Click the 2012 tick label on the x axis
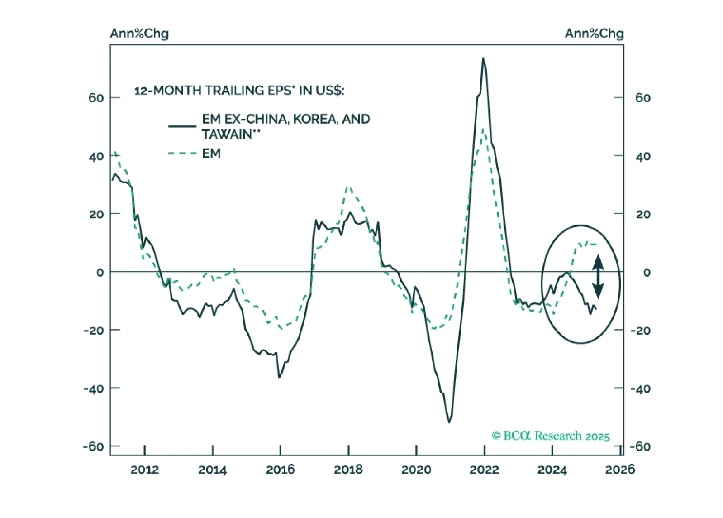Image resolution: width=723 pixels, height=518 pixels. [x=144, y=470]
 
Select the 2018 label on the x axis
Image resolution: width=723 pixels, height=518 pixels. [x=348, y=470]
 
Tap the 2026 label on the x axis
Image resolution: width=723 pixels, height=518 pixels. [x=620, y=470]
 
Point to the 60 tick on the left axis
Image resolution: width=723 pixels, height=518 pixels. [x=96, y=98]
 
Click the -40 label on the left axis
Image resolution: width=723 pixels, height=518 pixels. [x=93, y=388]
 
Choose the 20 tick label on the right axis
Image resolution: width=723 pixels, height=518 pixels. [x=643, y=214]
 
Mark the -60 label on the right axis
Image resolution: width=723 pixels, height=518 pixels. [x=640, y=446]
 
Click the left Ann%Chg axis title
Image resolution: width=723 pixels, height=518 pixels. [x=139, y=34]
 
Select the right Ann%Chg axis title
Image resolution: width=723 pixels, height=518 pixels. [x=594, y=34]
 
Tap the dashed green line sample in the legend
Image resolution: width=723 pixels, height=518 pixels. [x=182, y=153]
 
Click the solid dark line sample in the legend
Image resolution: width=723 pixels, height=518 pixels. [x=182, y=126]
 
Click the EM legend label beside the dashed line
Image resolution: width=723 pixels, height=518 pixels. [x=211, y=153]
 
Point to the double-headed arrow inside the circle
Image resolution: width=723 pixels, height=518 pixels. [x=598, y=276]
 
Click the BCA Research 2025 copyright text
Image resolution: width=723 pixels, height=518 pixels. [x=551, y=436]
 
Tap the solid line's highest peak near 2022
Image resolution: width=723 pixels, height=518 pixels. [x=483, y=58]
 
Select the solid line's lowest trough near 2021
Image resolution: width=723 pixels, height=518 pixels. [x=449, y=422]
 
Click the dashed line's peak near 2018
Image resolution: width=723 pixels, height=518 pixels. [x=347, y=187]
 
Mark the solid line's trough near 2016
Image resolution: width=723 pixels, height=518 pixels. [x=279, y=377]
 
